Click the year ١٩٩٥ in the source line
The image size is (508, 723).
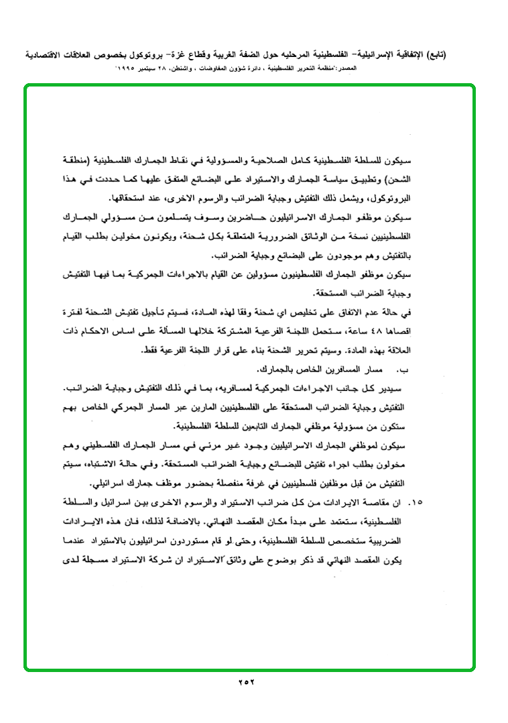[x=127, y=69]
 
